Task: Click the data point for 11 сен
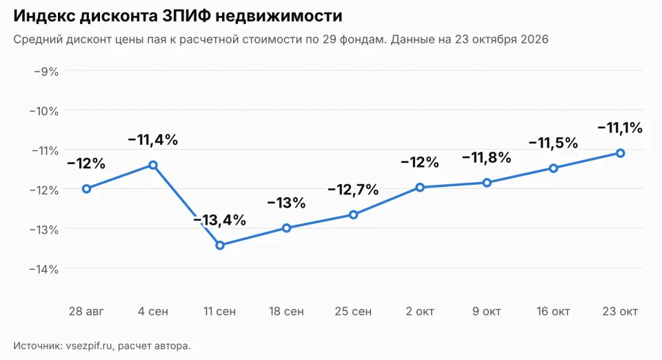click(x=220, y=246)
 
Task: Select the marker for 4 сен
click(x=153, y=165)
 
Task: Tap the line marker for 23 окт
click(x=620, y=153)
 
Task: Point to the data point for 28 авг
click(x=87, y=189)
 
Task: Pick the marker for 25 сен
click(x=353, y=214)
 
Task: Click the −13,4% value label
click(x=220, y=220)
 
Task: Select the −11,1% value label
click(x=620, y=128)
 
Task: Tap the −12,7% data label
click(x=353, y=190)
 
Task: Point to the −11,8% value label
click(x=487, y=158)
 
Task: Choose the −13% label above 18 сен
click(x=287, y=203)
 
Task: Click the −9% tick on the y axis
click(x=46, y=71)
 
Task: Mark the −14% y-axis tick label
click(x=44, y=269)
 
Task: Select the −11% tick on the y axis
click(x=44, y=150)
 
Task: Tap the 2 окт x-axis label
click(x=420, y=312)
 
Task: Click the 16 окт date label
click(x=554, y=312)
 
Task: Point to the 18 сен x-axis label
click(x=287, y=312)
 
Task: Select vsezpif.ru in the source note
click(x=89, y=346)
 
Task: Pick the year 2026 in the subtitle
click(x=534, y=39)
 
